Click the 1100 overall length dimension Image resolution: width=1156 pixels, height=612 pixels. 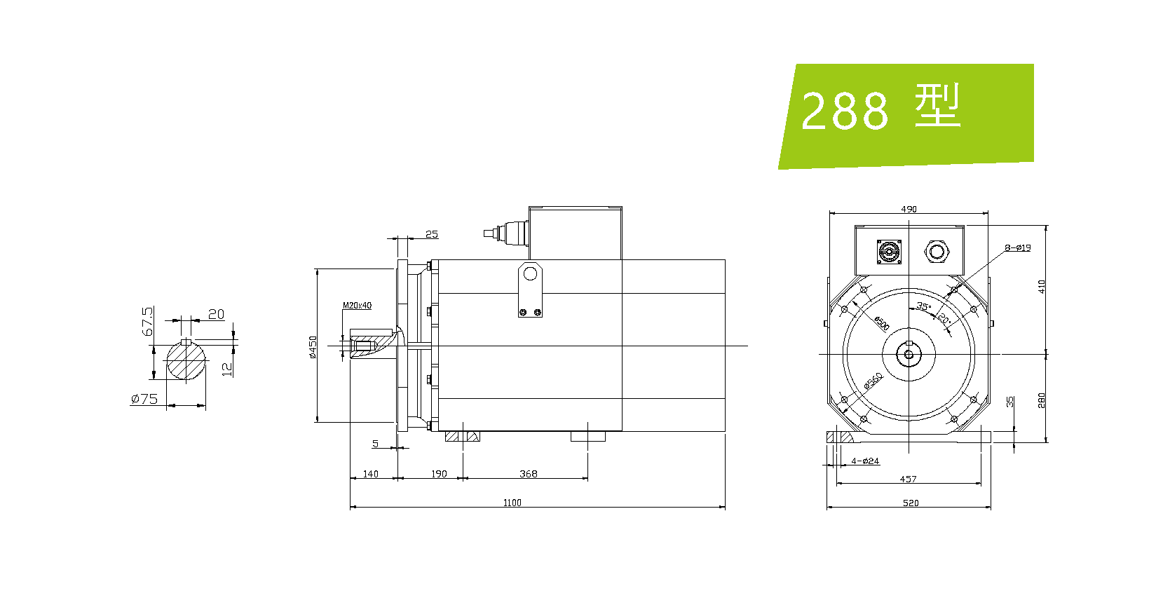click(x=512, y=503)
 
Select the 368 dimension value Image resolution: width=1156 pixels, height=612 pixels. click(x=529, y=474)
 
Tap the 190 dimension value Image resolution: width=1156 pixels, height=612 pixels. click(x=439, y=474)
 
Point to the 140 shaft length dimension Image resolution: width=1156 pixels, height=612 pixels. click(x=371, y=474)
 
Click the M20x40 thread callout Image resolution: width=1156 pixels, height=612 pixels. click(x=357, y=306)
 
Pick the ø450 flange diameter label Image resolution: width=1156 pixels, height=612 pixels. click(x=313, y=347)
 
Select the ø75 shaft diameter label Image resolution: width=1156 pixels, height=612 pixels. click(x=144, y=399)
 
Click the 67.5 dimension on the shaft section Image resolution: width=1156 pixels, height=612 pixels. click(x=148, y=321)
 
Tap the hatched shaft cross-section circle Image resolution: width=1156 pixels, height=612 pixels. click(x=186, y=360)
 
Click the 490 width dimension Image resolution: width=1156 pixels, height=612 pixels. click(x=909, y=209)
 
